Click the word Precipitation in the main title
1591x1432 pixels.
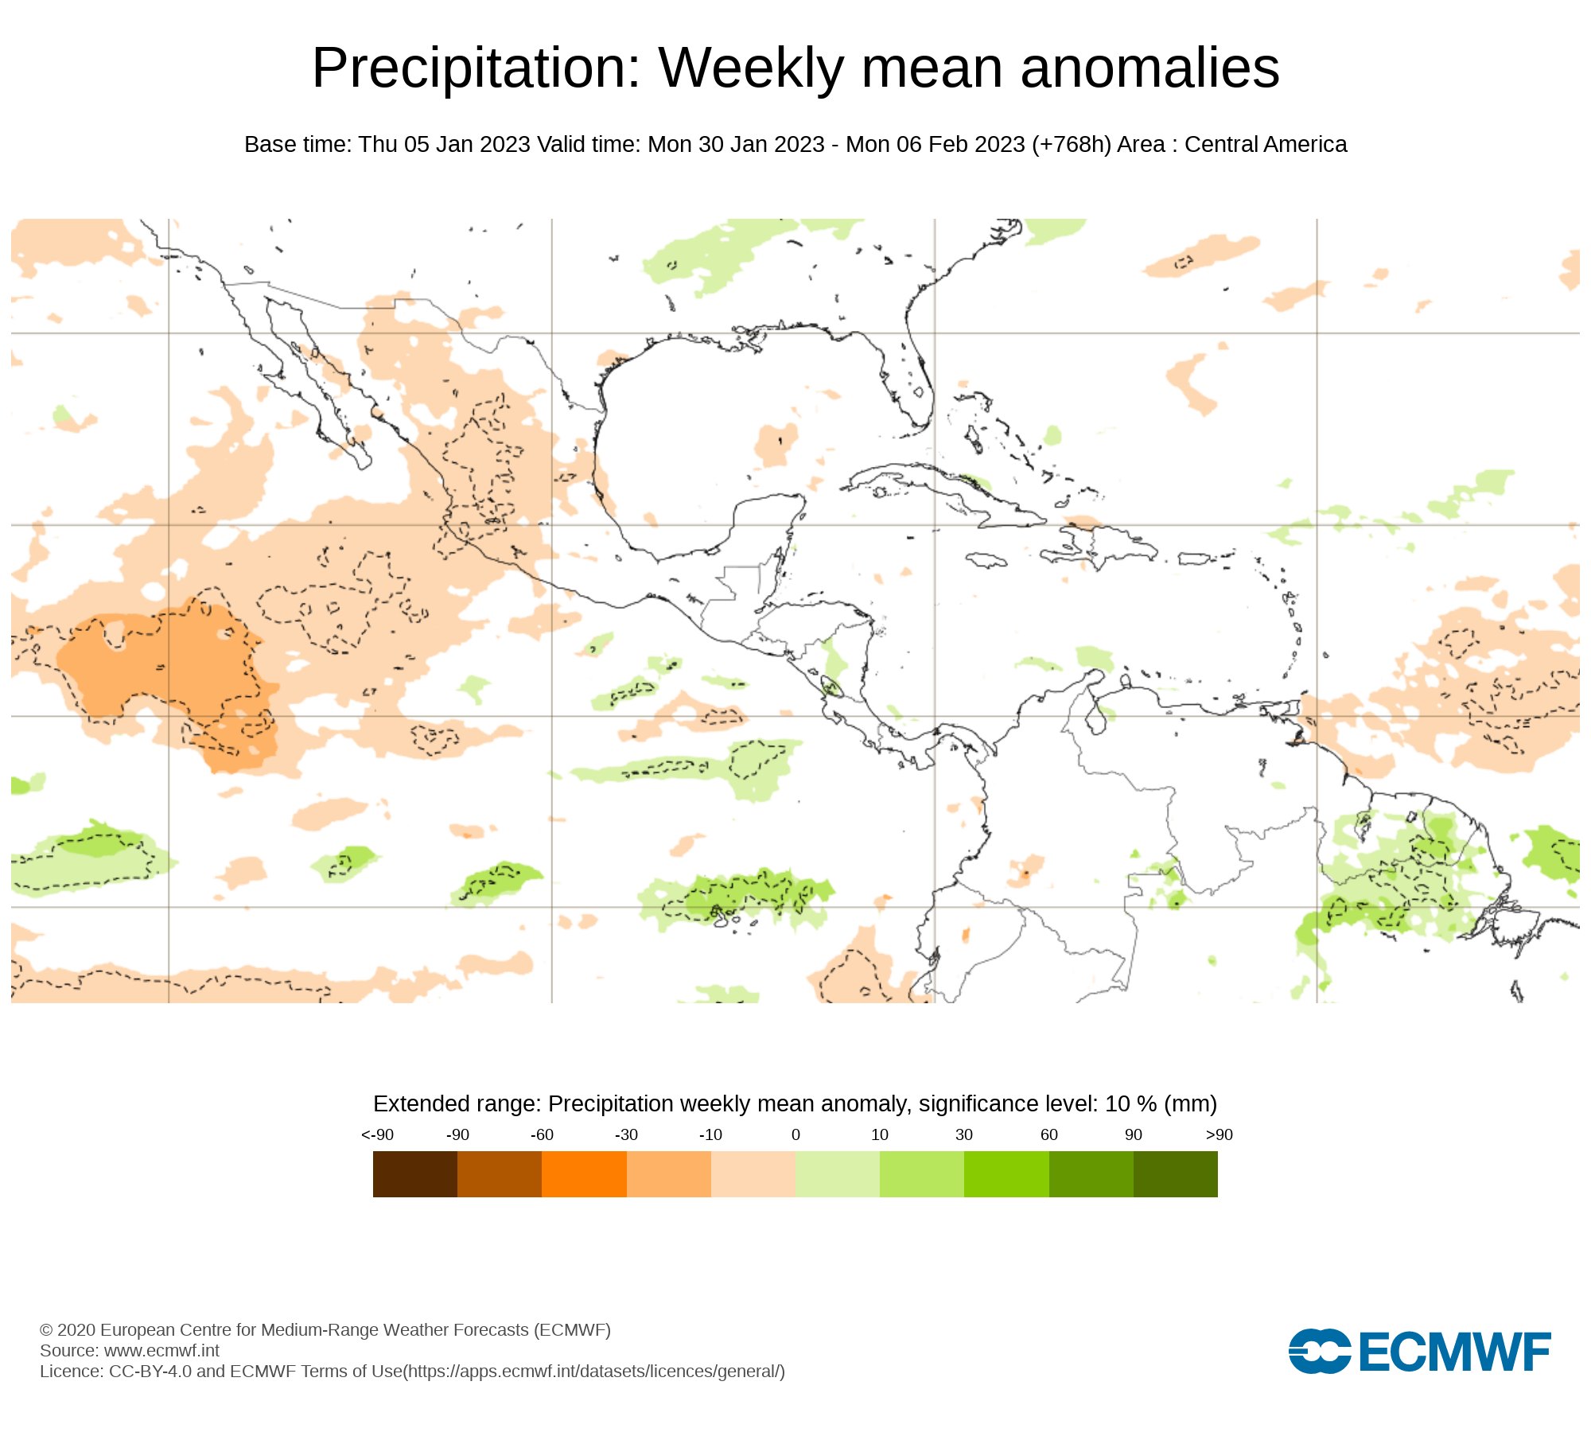[476, 68]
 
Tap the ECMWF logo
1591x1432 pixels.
[1419, 1351]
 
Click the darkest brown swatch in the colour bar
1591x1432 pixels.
[414, 1174]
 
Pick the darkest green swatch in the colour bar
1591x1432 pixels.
[1175, 1174]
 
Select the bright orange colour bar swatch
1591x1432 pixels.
[584, 1174]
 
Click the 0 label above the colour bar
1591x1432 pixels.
[795, 1135]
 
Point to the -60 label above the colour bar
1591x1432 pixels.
[542, 1135]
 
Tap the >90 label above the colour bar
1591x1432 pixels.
[1219, 1135]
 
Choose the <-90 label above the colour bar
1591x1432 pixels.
[377, 1135]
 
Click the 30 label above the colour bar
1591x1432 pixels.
[964, 1135]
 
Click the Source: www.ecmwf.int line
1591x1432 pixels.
[130, 1351]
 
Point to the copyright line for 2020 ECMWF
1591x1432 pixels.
[325, 1330]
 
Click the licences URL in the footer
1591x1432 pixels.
[594, 1372]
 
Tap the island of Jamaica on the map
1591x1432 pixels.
[986, 561]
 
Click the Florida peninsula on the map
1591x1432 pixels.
[915, 382]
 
